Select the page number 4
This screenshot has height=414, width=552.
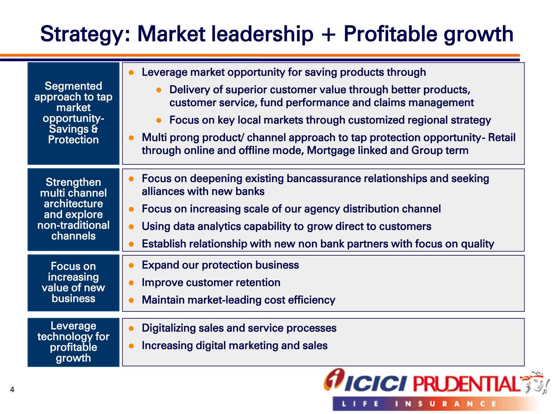[12, 390]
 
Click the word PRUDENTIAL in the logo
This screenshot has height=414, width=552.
[467, 384]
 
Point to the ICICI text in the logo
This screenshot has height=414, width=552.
[375, 384]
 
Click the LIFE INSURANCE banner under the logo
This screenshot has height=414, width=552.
[435, 404]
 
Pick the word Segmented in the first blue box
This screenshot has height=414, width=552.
[73, 86]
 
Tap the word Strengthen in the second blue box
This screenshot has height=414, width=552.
[73, 182]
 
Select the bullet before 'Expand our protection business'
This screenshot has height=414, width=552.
[131, 266]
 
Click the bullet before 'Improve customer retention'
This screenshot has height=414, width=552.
[131, 283]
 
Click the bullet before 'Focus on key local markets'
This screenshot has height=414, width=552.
[159, 120]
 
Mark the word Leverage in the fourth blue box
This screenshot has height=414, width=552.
[73, 326]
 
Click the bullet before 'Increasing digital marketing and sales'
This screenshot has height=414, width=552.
[131, 346]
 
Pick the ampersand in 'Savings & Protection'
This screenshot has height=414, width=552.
[94, 129]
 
